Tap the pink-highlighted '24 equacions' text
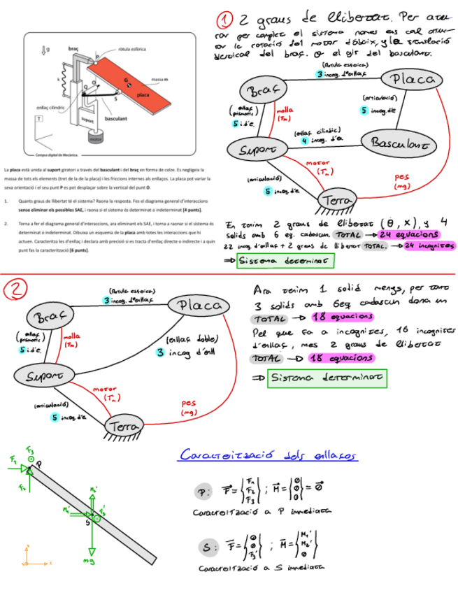pyautogui.click(x=407, y=234)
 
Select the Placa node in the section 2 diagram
pyautogui.click(x=201, y=306)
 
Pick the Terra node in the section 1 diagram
pyautogui.click(x=338, y=201)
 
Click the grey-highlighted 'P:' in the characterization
pyautogui.click(x=202, y=492)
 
